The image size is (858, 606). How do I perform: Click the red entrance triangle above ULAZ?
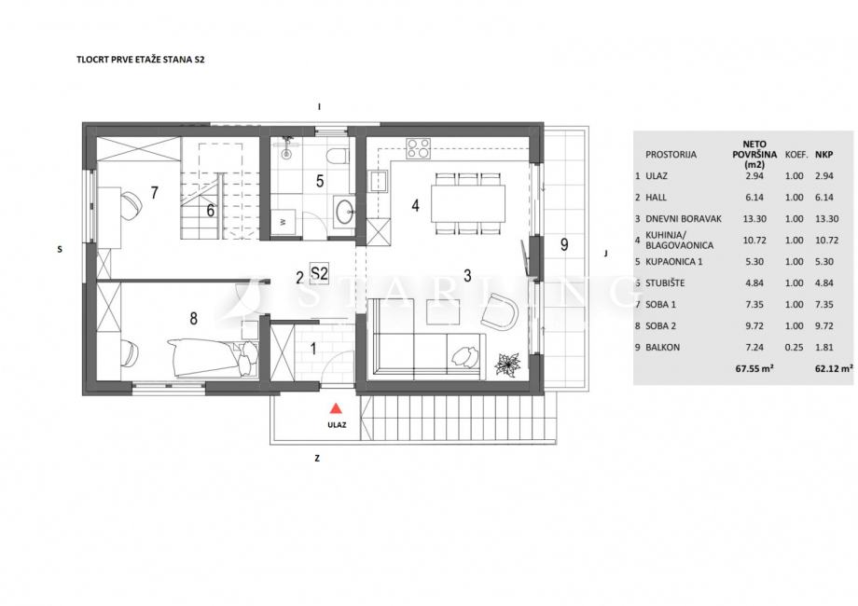point(337,408)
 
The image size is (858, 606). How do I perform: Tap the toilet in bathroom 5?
point(336,156)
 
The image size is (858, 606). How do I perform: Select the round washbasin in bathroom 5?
point(345,211)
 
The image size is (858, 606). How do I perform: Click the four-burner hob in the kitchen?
point(418,148)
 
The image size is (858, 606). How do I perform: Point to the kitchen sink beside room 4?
point(379,182)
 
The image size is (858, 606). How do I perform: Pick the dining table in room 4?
point(468,203)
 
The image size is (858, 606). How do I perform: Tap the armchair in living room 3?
point(500,312)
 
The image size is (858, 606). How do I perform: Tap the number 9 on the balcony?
point(564,244)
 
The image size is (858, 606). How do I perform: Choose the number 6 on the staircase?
point(211,210)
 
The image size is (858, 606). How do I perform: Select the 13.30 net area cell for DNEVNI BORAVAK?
point(754,219)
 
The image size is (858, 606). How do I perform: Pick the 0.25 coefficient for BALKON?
point(794,348)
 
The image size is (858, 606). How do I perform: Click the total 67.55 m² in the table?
point(754,368)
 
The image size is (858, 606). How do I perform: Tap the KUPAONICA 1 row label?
point(674,261)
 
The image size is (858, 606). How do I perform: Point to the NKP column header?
point(824,155)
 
